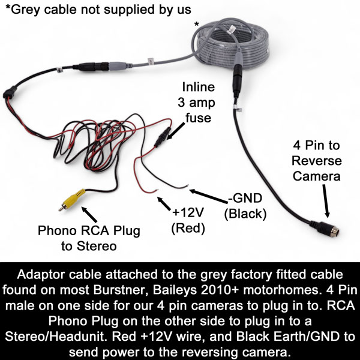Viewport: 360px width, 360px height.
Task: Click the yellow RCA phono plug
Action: (72, 200)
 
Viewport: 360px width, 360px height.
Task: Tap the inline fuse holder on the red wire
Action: (162, 137)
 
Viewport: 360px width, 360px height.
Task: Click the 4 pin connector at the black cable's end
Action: (325, 228)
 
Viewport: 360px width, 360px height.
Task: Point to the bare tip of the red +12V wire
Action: (157, 190)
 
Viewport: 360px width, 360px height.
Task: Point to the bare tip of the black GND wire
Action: (188, 185)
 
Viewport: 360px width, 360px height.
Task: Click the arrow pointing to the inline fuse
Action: (175, 131)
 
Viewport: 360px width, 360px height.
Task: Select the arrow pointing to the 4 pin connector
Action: (326, 201)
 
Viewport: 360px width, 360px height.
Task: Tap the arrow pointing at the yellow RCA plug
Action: (89, 214)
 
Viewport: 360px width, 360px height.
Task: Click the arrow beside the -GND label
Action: (208, 196)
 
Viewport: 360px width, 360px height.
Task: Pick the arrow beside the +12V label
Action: (164, 203)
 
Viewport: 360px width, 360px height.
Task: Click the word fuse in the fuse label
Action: (198, 118)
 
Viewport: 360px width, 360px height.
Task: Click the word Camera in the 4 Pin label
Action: (316, 176)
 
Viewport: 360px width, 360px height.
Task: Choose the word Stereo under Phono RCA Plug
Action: (97, 246)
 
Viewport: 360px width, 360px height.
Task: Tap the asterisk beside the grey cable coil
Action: (197, 25)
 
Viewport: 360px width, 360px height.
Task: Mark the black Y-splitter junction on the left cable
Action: (10, 92)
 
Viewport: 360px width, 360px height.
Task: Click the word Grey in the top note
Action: (25, 10)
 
